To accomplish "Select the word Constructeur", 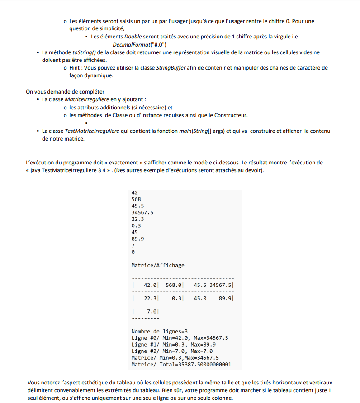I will (x=231, y=115).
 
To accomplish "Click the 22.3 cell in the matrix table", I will (x=151, y=299).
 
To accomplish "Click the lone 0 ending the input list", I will (x=133, y=252).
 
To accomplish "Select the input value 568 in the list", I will (x=136, y=199).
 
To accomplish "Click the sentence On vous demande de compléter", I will (x=65, y=92).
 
